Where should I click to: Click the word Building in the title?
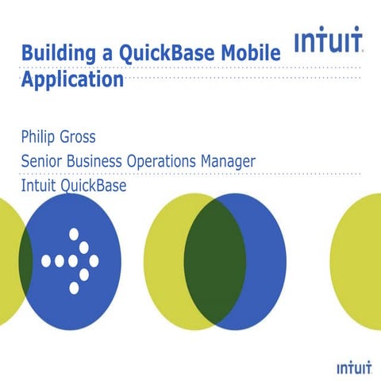tap(54, 54)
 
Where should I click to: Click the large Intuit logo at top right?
tap(329, 41)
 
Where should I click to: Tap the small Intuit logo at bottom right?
tap(354, 368)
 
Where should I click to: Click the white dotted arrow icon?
tap(71, 260)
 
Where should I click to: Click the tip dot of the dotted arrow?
tap(94, 260)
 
